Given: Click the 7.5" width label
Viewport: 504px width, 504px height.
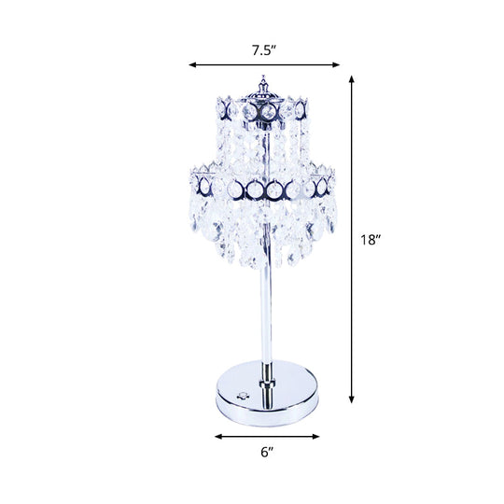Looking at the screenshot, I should (x=264, y=50).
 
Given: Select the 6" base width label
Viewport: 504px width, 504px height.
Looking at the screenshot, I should (x=266, y=452).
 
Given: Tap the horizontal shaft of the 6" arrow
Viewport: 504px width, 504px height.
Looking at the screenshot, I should (x=266, y=436).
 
